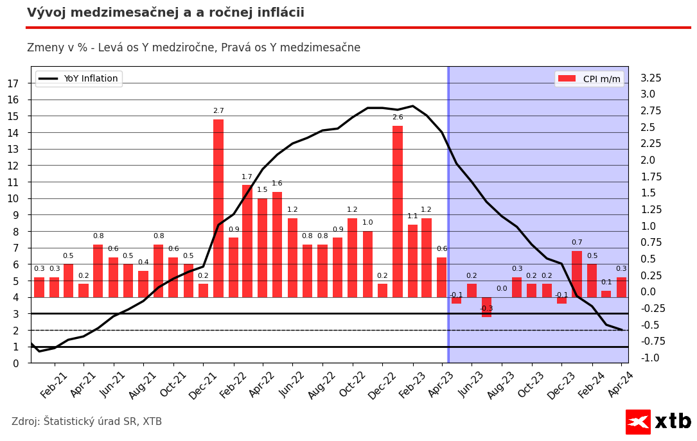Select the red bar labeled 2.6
point(398,211)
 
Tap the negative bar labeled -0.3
point(486,307)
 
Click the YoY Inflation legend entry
point(78,79)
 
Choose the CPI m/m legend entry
point(589,79)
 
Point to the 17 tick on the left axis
point(13,83)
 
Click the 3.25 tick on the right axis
point(651,78)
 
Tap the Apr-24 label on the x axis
point(621,385)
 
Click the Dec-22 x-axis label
point(382,385)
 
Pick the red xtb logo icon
point(638,422)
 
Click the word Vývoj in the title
point(46,13)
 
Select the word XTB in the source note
point(152,422)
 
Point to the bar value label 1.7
point(247,177)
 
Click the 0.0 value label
point(502,289)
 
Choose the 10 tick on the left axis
point(13,198)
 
